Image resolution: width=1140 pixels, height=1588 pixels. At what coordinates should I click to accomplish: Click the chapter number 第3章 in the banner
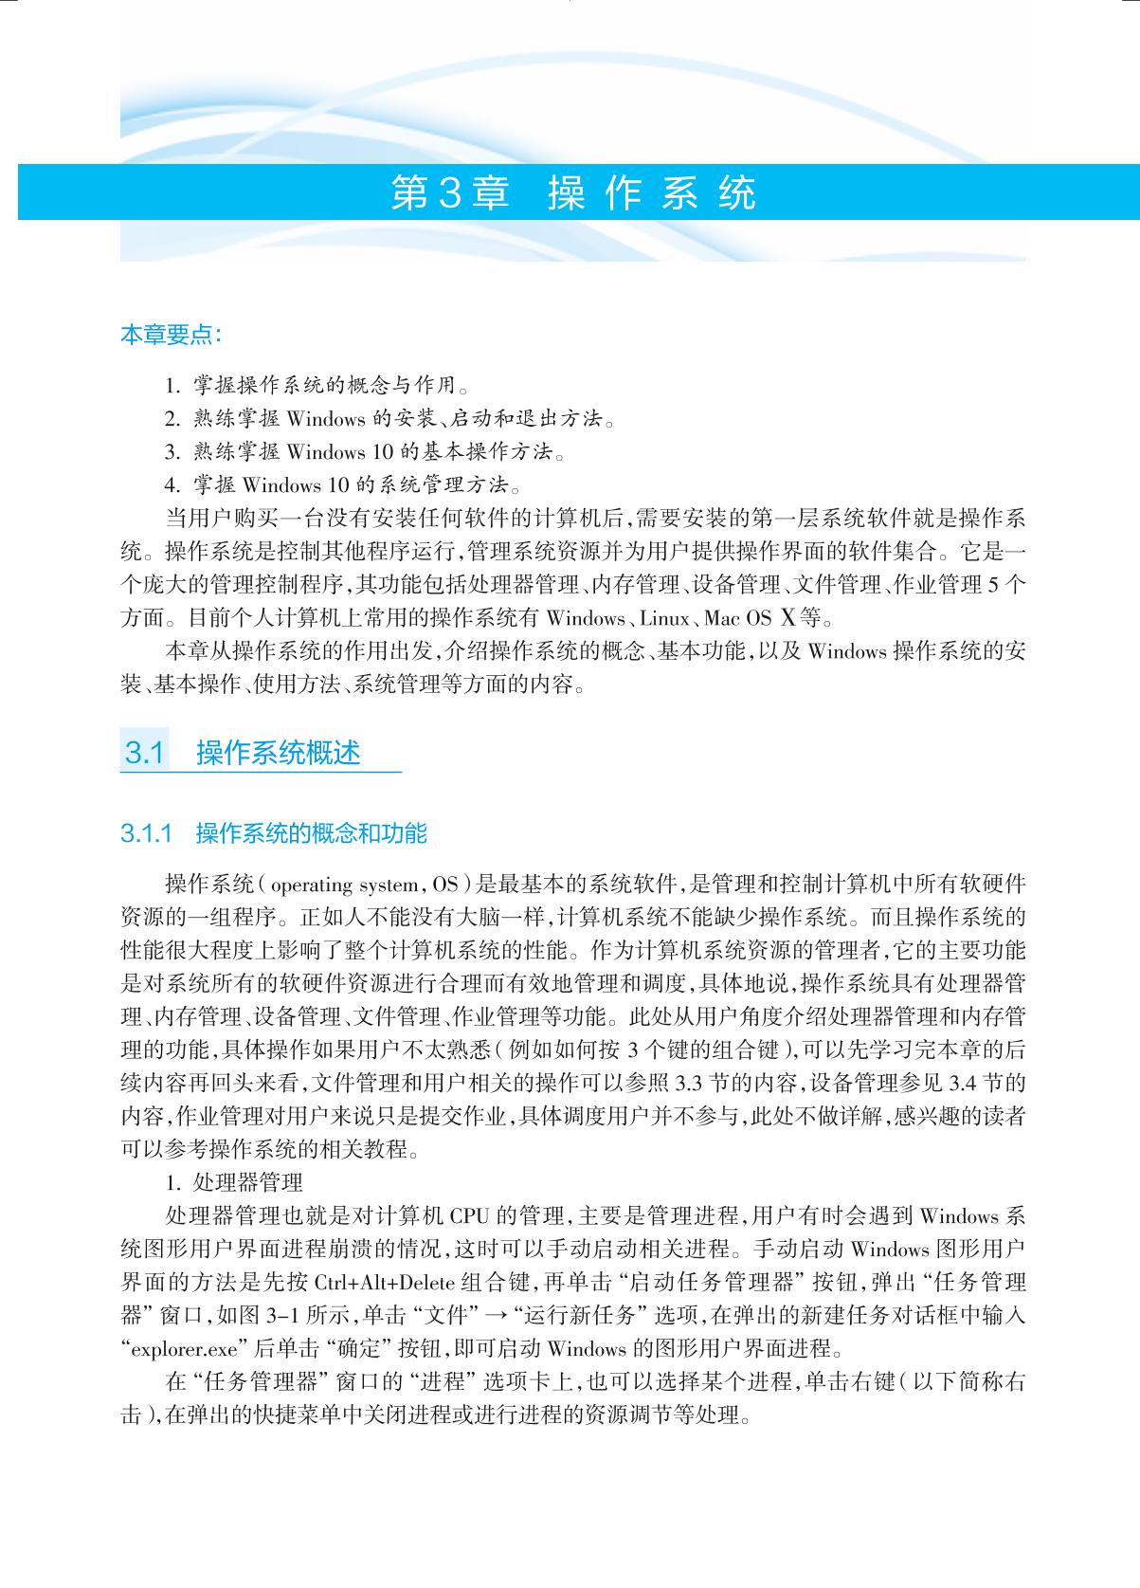[449, 192]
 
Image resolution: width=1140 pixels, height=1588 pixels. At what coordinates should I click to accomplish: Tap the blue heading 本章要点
[172, 335]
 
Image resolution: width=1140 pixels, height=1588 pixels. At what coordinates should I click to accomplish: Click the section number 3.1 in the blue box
[145, 754]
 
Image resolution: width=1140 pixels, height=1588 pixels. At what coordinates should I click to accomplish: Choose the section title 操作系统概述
[279, 754]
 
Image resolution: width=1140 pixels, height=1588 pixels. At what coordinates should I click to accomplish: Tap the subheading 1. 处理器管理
[234, 1183]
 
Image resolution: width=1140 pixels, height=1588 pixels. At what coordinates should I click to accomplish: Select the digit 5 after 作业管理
[992, 586]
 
